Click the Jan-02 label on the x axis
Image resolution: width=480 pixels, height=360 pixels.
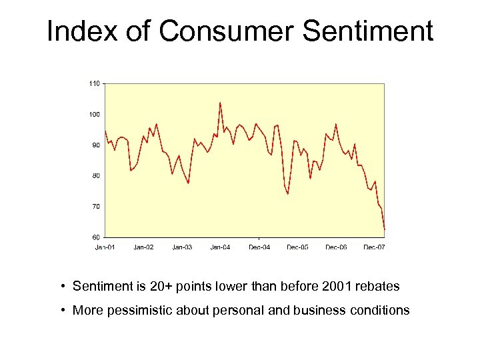pos(143,247)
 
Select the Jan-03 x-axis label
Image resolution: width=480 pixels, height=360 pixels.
pos(182,247)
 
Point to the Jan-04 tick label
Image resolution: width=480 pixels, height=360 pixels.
pos(220,247)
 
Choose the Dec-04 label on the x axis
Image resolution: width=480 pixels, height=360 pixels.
pos(259,247)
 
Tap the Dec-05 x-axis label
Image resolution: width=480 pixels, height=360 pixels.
pos(297,247)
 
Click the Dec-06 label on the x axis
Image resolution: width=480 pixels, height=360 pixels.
pos(336,247)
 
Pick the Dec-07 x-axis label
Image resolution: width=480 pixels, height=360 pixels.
pos(374,247)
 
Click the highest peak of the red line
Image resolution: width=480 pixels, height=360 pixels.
pos(220,103)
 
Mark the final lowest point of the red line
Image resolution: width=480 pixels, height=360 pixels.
pos(385,229)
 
